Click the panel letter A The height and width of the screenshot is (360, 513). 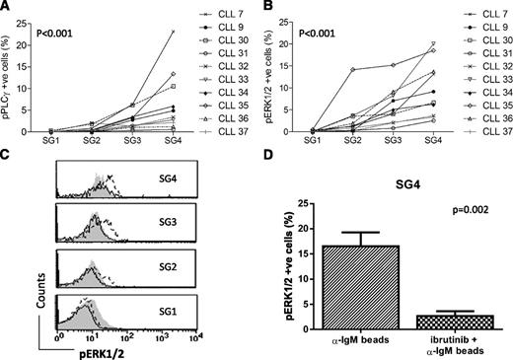tap(6, 7)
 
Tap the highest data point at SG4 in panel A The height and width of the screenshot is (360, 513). tap(173, 32)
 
